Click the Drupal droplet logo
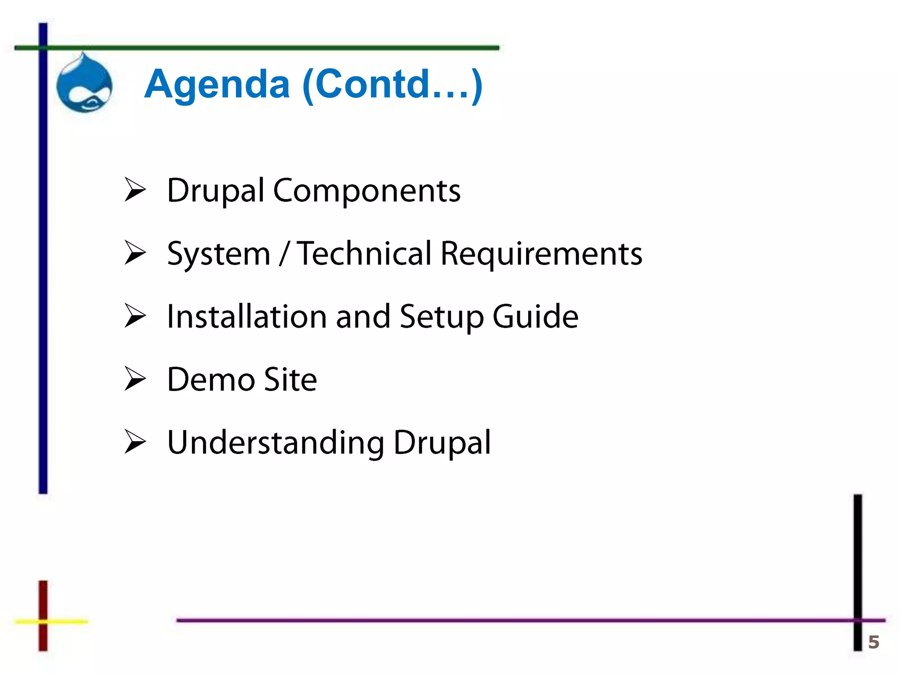[84, 83]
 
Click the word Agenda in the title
[217, 84]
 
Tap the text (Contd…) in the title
[392, 84]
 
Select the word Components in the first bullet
[367, 191]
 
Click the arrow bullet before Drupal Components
[135, 190]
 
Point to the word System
[218, 254]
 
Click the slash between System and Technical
[284, 254]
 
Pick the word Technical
[364, 254]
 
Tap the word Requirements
[541, 254]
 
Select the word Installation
[247, 316]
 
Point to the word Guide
[535, 316]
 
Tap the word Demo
[211, 379]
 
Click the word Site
[290, 379]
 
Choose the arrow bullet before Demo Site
[135, 379]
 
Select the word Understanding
[276, 443]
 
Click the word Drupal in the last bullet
[442, 443]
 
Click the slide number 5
[874, 642]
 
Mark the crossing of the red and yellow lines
[43, 621]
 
